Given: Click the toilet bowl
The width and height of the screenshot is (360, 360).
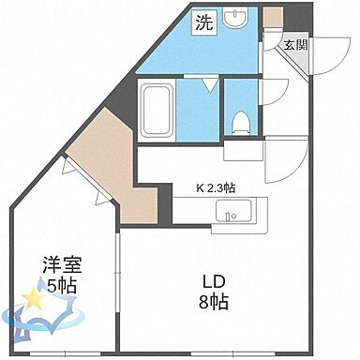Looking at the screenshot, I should [x=239, y=120].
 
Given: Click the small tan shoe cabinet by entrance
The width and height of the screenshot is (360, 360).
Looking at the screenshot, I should [x=272, y=18].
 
